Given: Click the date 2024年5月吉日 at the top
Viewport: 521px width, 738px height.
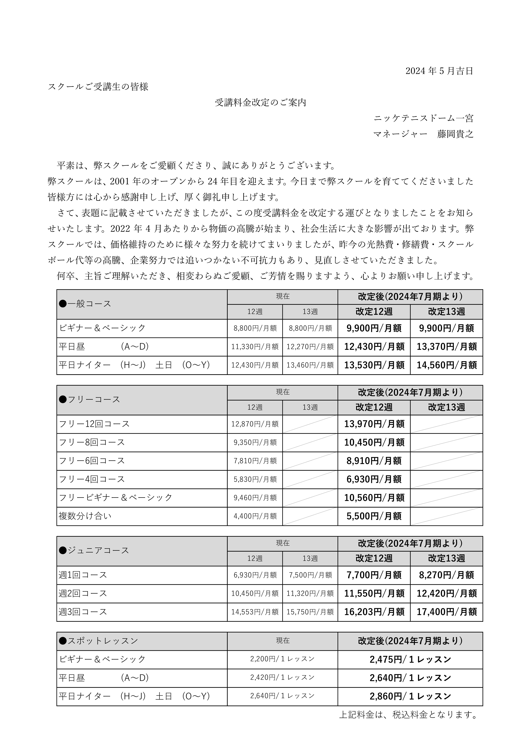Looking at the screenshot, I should click(x=439, y=71).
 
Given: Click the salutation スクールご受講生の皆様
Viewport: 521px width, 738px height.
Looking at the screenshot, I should click(x=98, y=87).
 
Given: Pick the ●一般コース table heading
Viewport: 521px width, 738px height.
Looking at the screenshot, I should click(x=85, y=304).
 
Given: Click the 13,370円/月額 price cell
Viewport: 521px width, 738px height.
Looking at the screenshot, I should click(x=446, y=347).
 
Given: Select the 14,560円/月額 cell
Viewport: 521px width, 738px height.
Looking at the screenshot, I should click(x=446, y=365).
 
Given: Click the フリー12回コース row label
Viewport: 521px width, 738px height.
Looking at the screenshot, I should click(x=94, y=424).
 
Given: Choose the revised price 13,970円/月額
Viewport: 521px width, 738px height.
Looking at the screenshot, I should click(x=374, y=424).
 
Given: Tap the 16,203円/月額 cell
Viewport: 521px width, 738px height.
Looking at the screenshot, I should click(x=374, y=612).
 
